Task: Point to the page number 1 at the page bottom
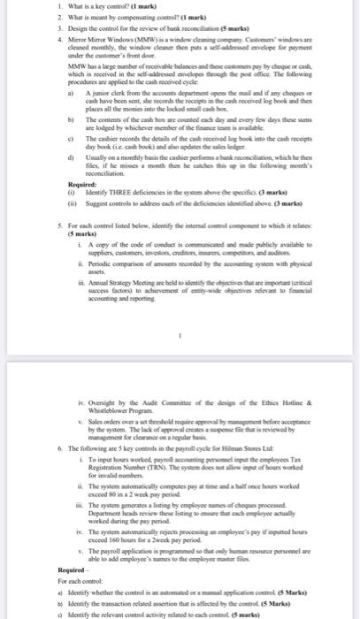tap(180, 310)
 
